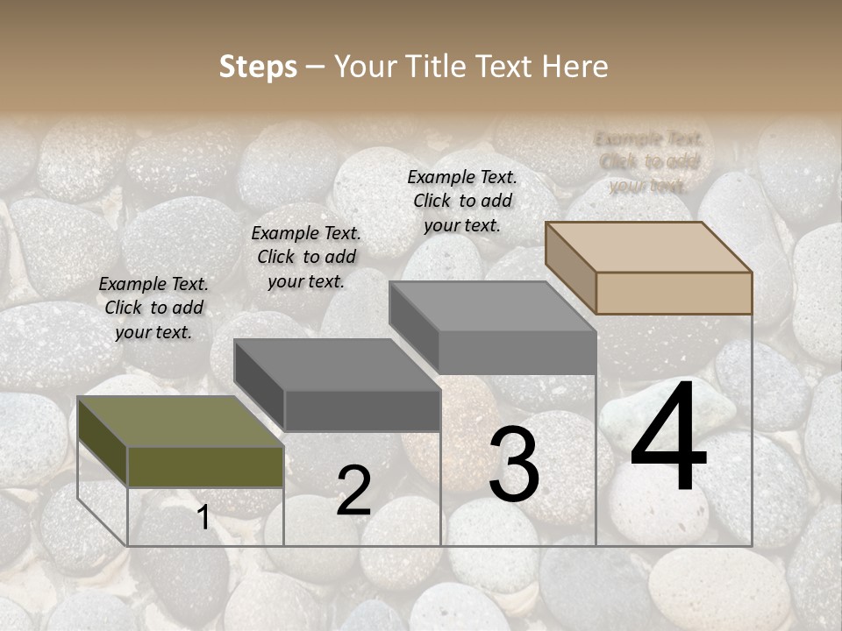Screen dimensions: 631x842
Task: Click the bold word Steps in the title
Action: [x=257, y=67]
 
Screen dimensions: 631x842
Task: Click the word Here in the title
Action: [x=574, y=67]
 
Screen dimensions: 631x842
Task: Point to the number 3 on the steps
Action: [x=514, y=465]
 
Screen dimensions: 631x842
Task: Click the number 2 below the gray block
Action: [x=353, y=491]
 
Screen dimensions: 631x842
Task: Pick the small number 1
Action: [x=203, y=518]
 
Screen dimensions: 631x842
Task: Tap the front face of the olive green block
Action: [x=206, y=467]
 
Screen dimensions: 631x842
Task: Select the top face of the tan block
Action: [x=649, y=246]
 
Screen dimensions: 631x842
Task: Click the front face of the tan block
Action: [x=674, y=293]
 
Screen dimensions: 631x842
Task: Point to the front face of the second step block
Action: [x=362, y=410]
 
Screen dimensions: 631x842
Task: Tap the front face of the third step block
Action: [x=517, y=352]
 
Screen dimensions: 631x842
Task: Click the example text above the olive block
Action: [x=153, y=308]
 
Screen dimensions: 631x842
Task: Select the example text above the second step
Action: [x=306, y=257]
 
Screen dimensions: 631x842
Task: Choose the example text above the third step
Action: [x=462, y=201]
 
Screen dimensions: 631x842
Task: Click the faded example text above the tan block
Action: [x=649, y=162]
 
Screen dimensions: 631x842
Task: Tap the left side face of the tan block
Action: [x=571, y=267]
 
